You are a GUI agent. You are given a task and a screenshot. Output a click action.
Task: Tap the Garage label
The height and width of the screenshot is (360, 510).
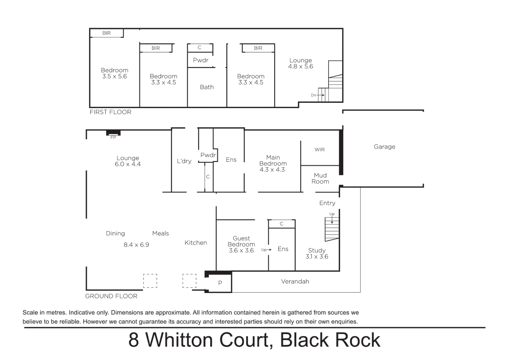[384, 147]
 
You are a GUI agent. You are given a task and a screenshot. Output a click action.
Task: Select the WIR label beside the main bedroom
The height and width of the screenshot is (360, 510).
[319, 150]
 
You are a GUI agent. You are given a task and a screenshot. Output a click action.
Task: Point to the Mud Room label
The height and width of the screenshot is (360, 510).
[320, 178]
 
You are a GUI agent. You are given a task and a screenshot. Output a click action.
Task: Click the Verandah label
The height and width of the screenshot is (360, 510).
[295, 281]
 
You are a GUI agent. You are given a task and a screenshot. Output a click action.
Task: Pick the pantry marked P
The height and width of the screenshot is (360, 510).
[220, 283]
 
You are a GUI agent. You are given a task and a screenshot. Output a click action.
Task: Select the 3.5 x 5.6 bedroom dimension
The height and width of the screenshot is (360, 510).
[114, 76]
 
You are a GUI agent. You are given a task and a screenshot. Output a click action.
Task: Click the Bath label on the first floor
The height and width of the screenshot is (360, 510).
[206, 87]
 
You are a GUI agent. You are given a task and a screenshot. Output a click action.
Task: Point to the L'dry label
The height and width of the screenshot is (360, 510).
[184, 161]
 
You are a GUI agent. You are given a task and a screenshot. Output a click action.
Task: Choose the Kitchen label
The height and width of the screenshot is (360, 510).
[196, 243]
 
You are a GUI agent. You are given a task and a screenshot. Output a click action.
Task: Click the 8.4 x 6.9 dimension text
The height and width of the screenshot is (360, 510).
[136, 245]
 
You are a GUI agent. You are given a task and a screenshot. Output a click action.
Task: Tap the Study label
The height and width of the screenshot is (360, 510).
[317, 250]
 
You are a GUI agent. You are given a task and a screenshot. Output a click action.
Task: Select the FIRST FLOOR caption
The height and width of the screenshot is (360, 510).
[110, 112]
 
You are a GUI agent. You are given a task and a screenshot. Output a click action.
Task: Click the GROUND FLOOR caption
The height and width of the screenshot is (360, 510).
[111, 296]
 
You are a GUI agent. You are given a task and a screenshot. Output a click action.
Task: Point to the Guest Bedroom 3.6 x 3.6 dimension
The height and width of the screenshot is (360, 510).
[241, 250]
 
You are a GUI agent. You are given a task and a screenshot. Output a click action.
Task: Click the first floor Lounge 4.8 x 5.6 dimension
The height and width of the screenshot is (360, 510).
[301, 66]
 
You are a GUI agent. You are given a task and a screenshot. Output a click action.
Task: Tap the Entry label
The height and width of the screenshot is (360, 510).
[327, 203]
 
